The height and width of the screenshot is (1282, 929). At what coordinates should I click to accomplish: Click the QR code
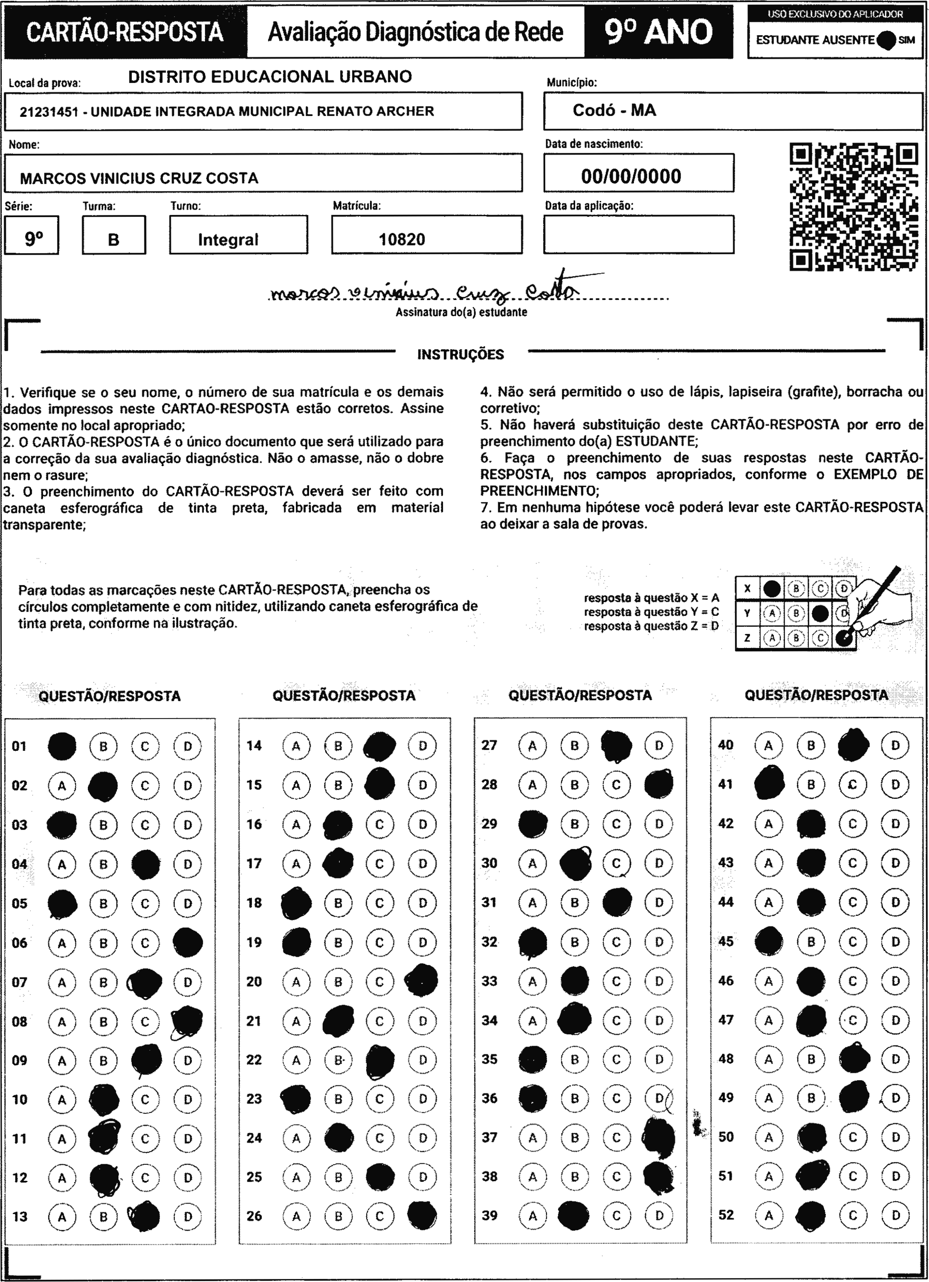click(x=853, y=207)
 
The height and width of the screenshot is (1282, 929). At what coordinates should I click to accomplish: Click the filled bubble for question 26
click(x=422, y=1215)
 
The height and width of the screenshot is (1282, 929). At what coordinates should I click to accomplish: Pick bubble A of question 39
click(x=532, y=1215)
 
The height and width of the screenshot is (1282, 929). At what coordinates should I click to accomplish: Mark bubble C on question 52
click(x=853, y=1215)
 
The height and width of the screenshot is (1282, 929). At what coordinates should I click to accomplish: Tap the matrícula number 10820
click(x=402, y=239)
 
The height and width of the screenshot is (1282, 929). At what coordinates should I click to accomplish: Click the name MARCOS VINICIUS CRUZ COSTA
click(x=139, y=178)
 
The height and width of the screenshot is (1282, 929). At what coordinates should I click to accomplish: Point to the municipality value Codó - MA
click(x=614, y=110)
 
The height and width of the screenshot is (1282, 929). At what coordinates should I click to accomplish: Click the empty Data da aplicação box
click(x=639, y=234)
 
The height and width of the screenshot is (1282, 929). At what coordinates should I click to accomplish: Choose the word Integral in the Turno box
click(x=228, y=239)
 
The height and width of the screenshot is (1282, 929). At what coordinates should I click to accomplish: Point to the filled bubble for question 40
click(x=853, y=745)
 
